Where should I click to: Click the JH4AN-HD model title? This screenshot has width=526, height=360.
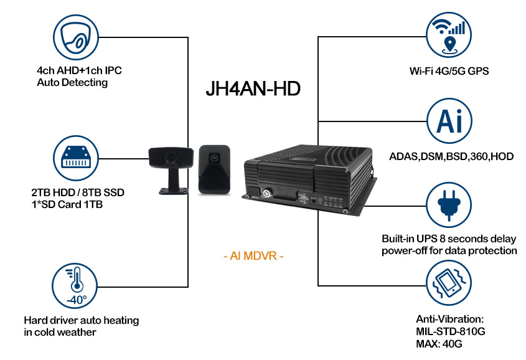253,89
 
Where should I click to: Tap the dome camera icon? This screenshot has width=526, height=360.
76,37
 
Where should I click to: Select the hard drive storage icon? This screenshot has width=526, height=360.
76,158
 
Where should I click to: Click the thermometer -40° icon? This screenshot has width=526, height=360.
75,286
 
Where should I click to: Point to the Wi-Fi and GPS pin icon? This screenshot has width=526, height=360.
449,35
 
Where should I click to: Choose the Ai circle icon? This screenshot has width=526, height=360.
449,121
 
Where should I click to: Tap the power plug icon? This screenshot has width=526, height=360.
449,205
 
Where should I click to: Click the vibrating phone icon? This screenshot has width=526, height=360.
449,283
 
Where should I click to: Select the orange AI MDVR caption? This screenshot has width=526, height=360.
253,256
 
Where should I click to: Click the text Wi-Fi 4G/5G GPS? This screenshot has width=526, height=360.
449,71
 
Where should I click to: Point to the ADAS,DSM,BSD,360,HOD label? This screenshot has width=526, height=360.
451,156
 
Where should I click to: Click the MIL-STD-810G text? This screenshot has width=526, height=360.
451,331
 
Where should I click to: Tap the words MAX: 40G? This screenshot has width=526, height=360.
439,344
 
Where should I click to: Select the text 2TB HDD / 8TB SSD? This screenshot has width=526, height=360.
78,192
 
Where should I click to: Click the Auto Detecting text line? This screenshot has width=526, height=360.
72,83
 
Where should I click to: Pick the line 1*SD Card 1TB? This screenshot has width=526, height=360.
67,204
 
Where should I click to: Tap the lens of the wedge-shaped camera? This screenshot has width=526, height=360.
214,157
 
